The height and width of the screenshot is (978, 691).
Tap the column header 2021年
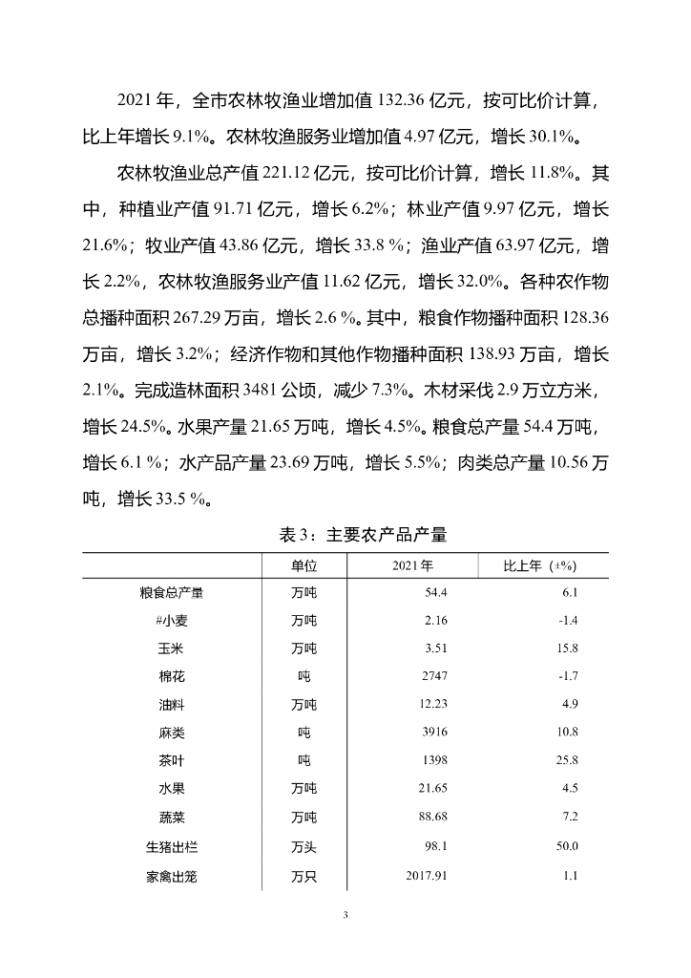point(412,565)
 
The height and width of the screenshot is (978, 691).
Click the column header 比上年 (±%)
point(540,565)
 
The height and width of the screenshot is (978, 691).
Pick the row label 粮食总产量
point(171,593)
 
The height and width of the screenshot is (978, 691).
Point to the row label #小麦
point(171,621)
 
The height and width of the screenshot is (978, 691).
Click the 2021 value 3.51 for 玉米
point(436,649)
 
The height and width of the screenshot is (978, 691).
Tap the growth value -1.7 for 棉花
point(567,677)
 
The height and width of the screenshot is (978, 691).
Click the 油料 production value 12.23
point(433,706)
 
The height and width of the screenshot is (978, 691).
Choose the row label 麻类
point(171,733)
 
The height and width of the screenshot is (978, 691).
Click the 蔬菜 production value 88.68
point(433,819)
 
